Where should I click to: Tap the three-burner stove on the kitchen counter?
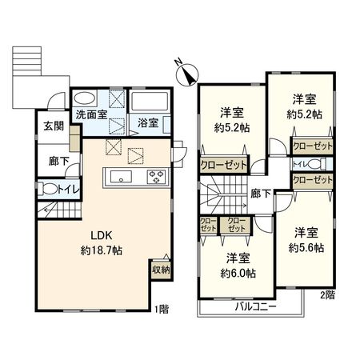pyautogui.click(x=154, y=177)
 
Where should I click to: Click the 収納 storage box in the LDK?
pyautogui.click(x=160, y=270)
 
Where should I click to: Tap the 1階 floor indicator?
pyautogui.click(x=163, y=307)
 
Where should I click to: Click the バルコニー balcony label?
pyautogui.click(x=253, y=306)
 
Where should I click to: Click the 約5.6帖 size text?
pyautogui.click(x=307, y=249)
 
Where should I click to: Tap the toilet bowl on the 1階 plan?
pyautogui.click(x=48, y=190)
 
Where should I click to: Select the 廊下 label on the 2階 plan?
pyautogui.click(x=260, y=193)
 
